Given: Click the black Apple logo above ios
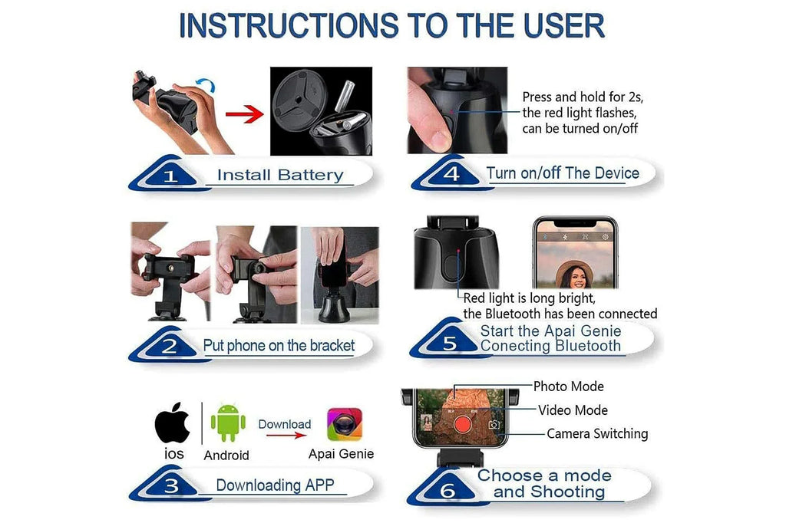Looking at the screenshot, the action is (173, 423).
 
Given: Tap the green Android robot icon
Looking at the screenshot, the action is (228, 423).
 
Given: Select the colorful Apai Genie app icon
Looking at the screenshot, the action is (345, 424).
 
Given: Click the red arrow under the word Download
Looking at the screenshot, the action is (286, 435).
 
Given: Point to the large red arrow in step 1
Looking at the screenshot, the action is (244, 114).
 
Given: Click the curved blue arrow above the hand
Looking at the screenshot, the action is (206, 84).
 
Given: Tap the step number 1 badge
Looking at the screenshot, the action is (170, 175).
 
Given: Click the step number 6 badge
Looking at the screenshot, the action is (447, 489).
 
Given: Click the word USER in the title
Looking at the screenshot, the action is (564, 25).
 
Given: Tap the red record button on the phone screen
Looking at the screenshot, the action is (462, 425).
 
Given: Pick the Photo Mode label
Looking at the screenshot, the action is (569, 386).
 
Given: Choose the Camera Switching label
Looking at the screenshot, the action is (597, 433).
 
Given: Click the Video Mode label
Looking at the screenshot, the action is (573, 410).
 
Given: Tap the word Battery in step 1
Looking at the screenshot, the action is (310, 175).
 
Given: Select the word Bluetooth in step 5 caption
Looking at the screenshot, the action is (588, 346).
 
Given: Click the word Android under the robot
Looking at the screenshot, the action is (226, 456).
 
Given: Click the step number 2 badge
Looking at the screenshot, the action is (170, 346).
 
